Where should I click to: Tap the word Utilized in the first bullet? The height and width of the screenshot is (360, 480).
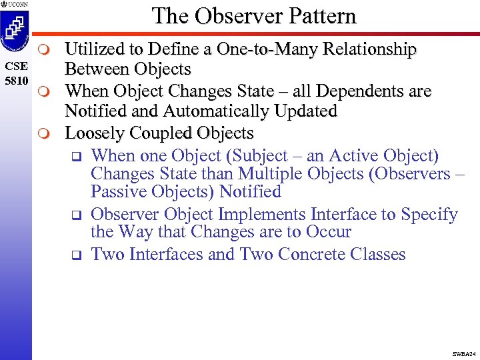(x=97, y=49)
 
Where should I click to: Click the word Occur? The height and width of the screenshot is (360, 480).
(x=326, y=232)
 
